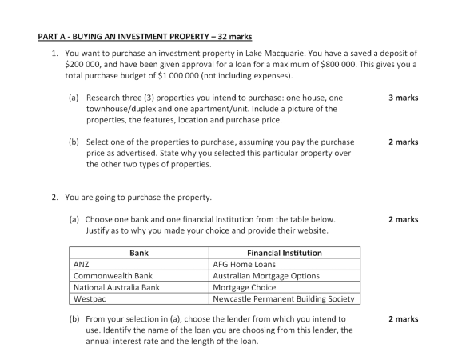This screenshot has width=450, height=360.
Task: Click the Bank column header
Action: pyautogui.click(x=139, y=252)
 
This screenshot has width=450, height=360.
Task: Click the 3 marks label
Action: pyautogui.click(x=403, y=98)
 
